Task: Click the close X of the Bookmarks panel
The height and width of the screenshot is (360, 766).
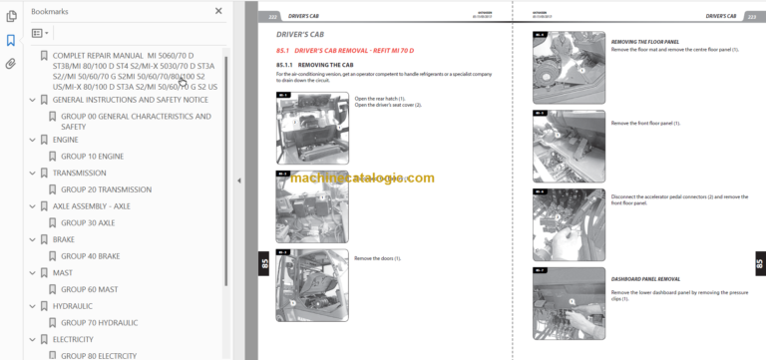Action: click(218, 11)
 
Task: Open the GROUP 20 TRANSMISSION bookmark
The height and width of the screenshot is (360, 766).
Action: click(106, 188)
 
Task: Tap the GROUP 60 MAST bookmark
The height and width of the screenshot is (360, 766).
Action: click(90, 289)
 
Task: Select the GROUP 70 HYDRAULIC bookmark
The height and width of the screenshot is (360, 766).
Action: click(100, 322)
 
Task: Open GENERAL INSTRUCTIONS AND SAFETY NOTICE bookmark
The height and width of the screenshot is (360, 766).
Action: click(130, 100)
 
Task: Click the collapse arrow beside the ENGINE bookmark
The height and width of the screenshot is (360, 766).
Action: click(32, 139)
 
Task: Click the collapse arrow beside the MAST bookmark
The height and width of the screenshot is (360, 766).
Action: click(32, 272)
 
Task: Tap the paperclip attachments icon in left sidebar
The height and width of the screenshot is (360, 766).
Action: click(11, 64)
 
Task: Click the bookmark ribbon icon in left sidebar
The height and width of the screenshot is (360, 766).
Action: click(11, 40)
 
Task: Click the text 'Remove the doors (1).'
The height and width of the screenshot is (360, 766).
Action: click(377, 258)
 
